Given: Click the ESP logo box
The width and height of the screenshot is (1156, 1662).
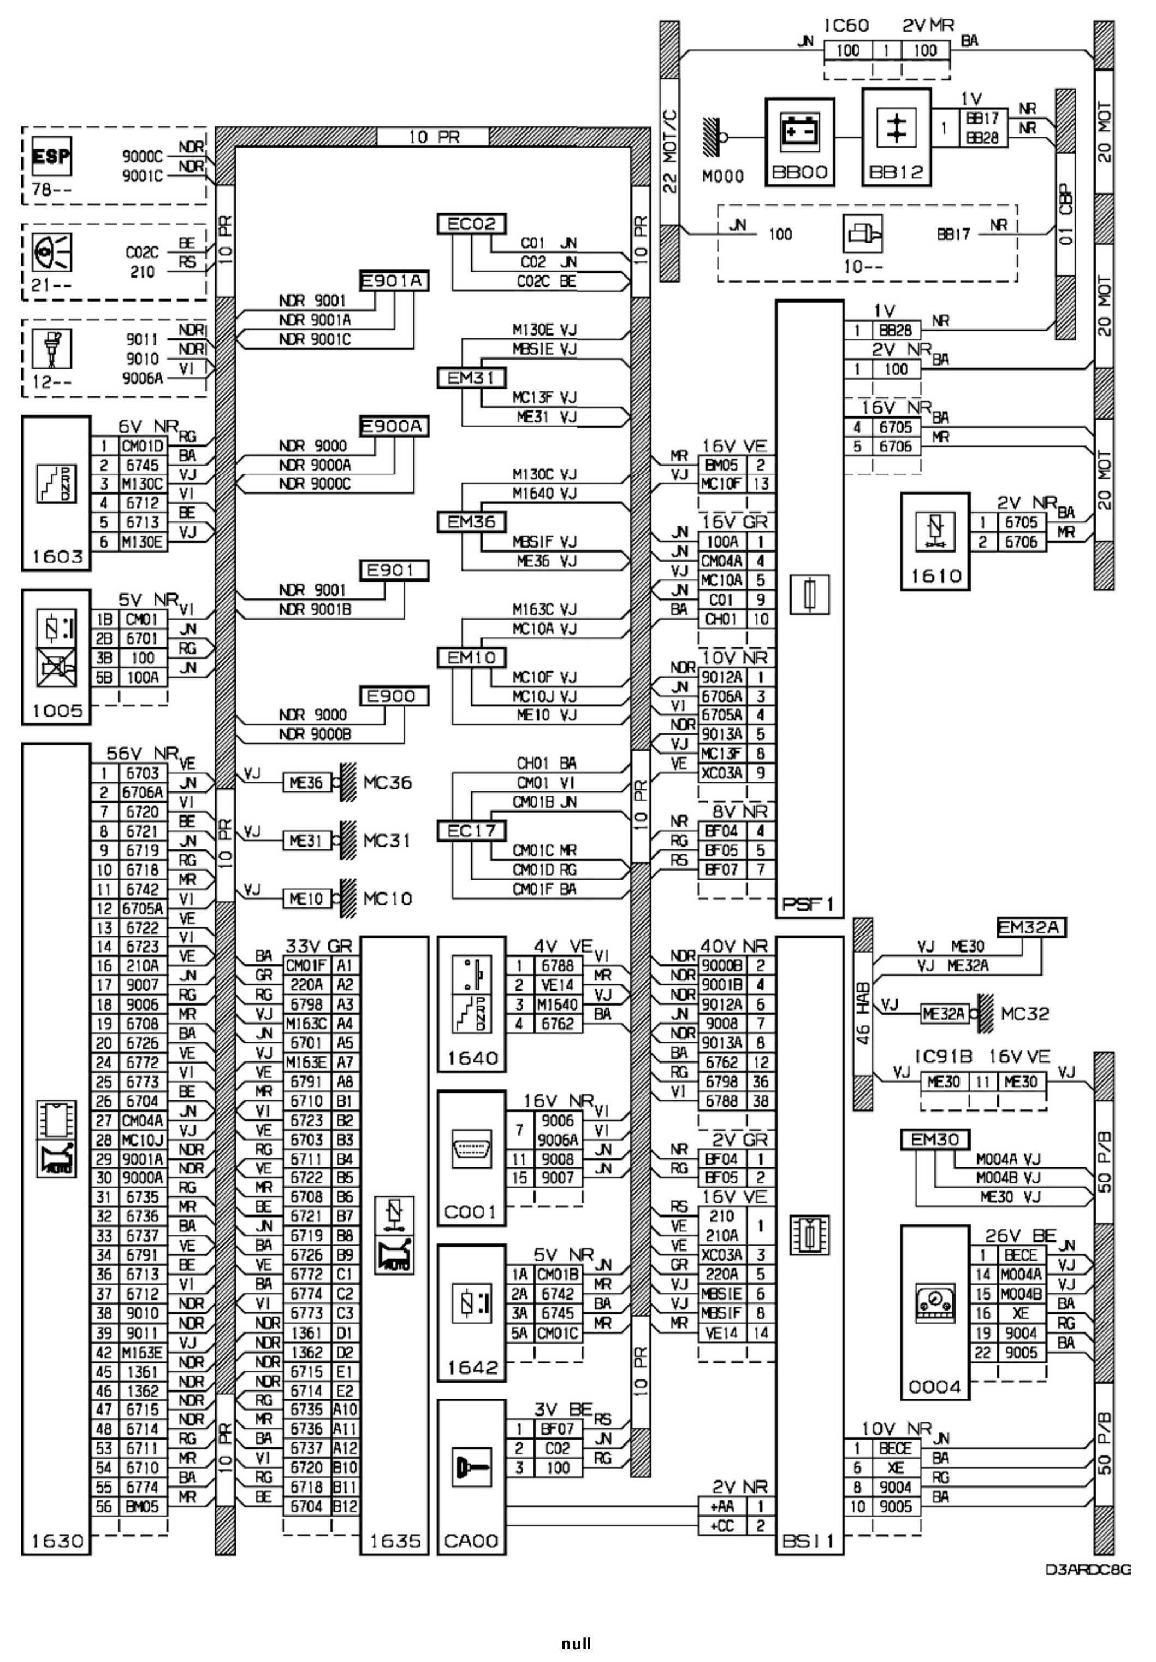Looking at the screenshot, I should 51,156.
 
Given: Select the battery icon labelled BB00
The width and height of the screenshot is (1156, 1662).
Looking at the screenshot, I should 799,134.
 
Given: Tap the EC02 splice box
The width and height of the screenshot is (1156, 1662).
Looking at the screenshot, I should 471,224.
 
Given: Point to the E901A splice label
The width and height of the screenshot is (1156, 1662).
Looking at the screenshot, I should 394,281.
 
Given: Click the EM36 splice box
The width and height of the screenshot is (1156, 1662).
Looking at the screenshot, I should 471,522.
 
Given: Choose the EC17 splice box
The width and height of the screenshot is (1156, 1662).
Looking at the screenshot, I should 471,831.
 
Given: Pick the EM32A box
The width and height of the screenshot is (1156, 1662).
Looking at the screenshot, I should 1031,927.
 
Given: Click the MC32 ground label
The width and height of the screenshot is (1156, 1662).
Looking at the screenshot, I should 1024,1013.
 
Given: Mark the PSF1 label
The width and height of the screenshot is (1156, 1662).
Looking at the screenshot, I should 808,904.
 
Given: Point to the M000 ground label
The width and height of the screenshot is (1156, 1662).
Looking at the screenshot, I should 722,176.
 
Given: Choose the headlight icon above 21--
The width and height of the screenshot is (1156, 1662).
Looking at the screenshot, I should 52,254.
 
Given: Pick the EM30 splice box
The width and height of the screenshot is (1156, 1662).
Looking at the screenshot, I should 935,1140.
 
